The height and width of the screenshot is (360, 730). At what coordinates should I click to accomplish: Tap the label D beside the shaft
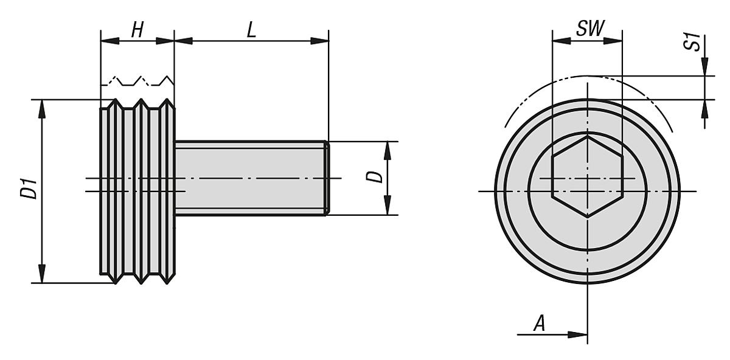coord(377,176)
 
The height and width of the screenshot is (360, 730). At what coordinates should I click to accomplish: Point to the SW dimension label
coord(587,29)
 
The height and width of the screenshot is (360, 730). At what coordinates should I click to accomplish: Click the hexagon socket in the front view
coord(587,176)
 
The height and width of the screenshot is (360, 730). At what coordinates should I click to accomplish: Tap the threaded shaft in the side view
coord(249,178)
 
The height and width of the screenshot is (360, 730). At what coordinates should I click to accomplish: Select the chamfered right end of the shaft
coord(327,178)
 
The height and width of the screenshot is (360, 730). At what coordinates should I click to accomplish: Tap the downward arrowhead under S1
coord(705,67)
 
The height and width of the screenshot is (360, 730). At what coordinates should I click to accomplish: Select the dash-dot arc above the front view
coord(587,78)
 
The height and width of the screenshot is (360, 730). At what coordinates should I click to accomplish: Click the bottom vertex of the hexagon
coord(587,217)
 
